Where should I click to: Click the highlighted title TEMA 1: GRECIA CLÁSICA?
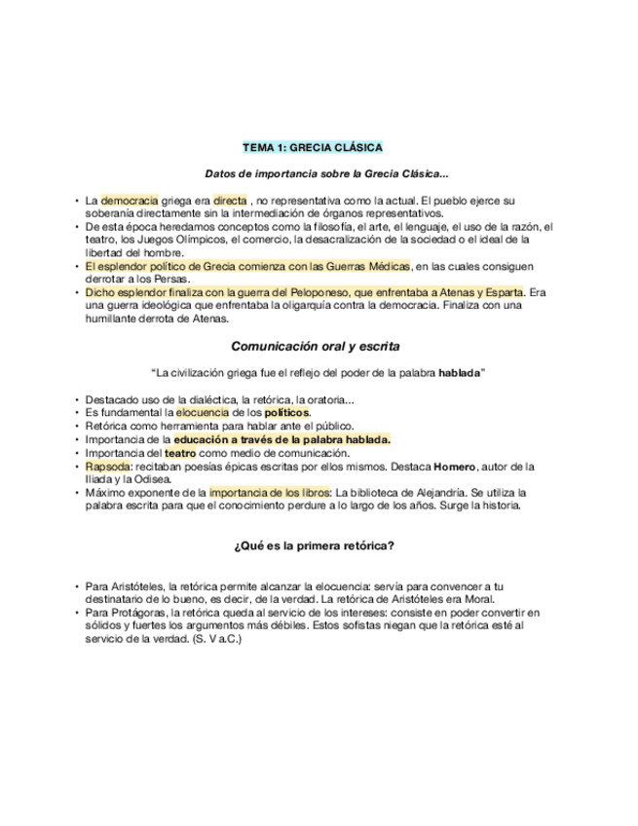(313, 148)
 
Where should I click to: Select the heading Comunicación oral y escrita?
(316, 346)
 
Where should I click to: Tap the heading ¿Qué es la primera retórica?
(314, 545)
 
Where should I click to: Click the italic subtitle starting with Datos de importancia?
(327, 174)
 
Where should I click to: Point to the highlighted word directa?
(231, 201)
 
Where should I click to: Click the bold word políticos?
(287, 413)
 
